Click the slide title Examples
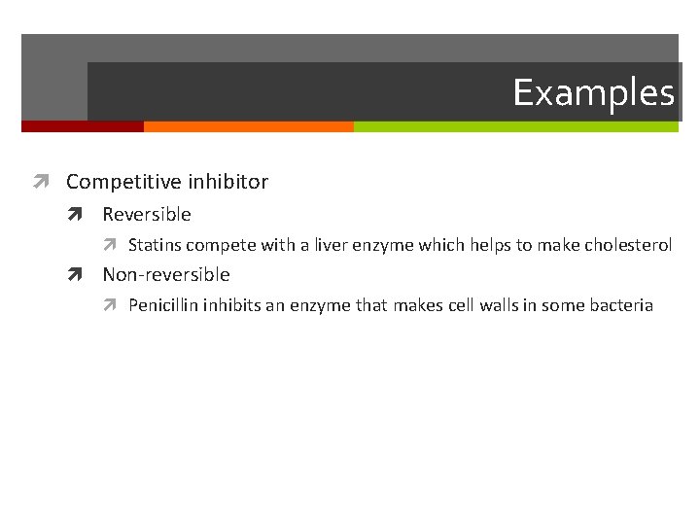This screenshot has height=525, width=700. click(x=593, y=93)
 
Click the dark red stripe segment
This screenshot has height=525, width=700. click(x=83, y=126)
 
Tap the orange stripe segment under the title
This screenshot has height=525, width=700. click(x=248, y=126)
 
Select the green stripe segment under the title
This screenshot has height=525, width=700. click(x=515, y=126)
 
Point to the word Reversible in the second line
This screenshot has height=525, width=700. click(x=147, y=214)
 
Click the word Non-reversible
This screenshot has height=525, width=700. click(x=166, y=275)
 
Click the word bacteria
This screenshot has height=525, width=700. click(x=623, y=305)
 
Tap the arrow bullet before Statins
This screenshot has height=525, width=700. click(x=115, y=245)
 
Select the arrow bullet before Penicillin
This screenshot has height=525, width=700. click(x=115, y=305)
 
